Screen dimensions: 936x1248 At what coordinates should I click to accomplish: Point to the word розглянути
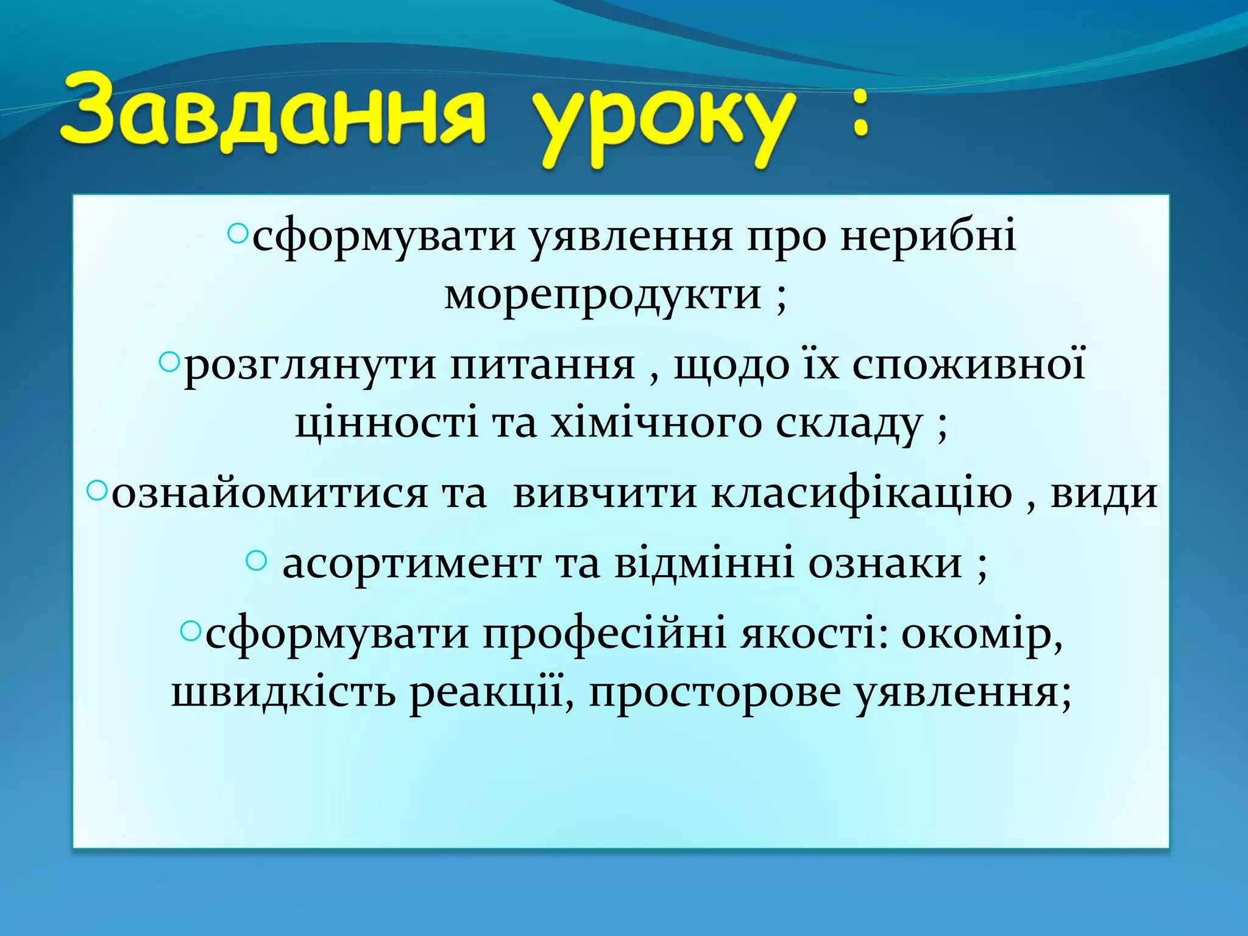coord(310,366)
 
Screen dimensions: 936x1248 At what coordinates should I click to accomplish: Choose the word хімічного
coord(656,424)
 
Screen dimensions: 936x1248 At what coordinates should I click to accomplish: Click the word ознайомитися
coord(269,493)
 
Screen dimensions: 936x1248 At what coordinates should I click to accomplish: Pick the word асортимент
coord(411,563)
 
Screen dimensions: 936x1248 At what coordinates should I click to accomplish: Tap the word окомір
coord(982,634)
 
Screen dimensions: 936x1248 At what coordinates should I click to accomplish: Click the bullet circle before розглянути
coord(168,363)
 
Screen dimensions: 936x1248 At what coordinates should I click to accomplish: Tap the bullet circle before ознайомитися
coord(96,490)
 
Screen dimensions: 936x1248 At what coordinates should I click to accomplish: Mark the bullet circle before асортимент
coord(257,560)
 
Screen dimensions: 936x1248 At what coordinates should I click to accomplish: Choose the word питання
coord(543,366)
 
